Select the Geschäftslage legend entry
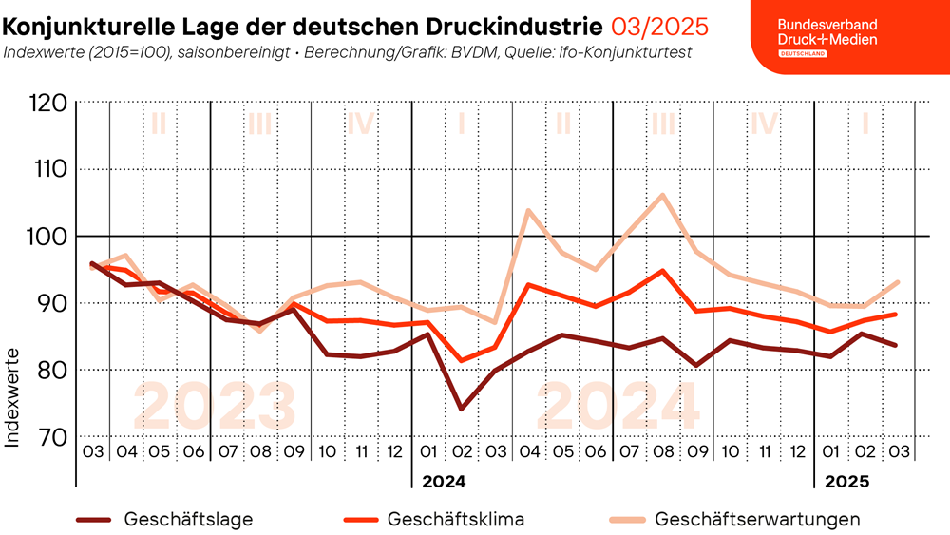coord(187,520)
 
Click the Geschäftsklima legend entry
coord(455,520)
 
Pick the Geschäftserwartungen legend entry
coord(757,520)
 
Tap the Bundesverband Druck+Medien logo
coord(826,37)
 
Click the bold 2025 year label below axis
coord(847,482)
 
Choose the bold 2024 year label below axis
coord(444,482)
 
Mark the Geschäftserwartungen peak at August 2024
coord(662,195)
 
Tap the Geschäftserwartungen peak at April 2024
coord(528,210)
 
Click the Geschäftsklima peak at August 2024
coord(662,270)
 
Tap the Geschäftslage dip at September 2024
coord(696,365)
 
